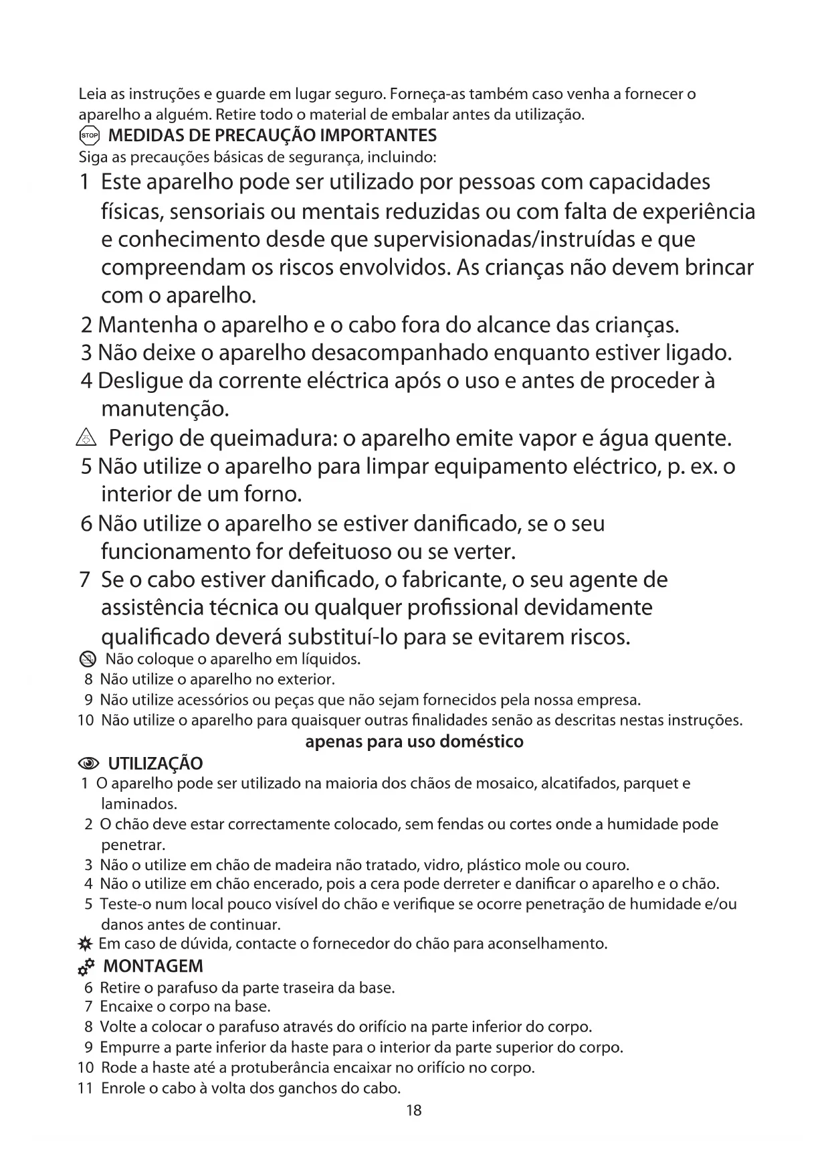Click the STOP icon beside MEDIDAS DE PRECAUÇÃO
click(x=89, y=136)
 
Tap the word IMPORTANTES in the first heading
click(x=379, y=136)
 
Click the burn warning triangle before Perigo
click(x=90, y=439)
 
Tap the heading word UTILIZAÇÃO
click(x=155, y=764)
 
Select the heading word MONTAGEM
click(x=153, y=967)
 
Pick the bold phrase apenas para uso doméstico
click(x=414, y=742)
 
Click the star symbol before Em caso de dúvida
click(x=84, y=945)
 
